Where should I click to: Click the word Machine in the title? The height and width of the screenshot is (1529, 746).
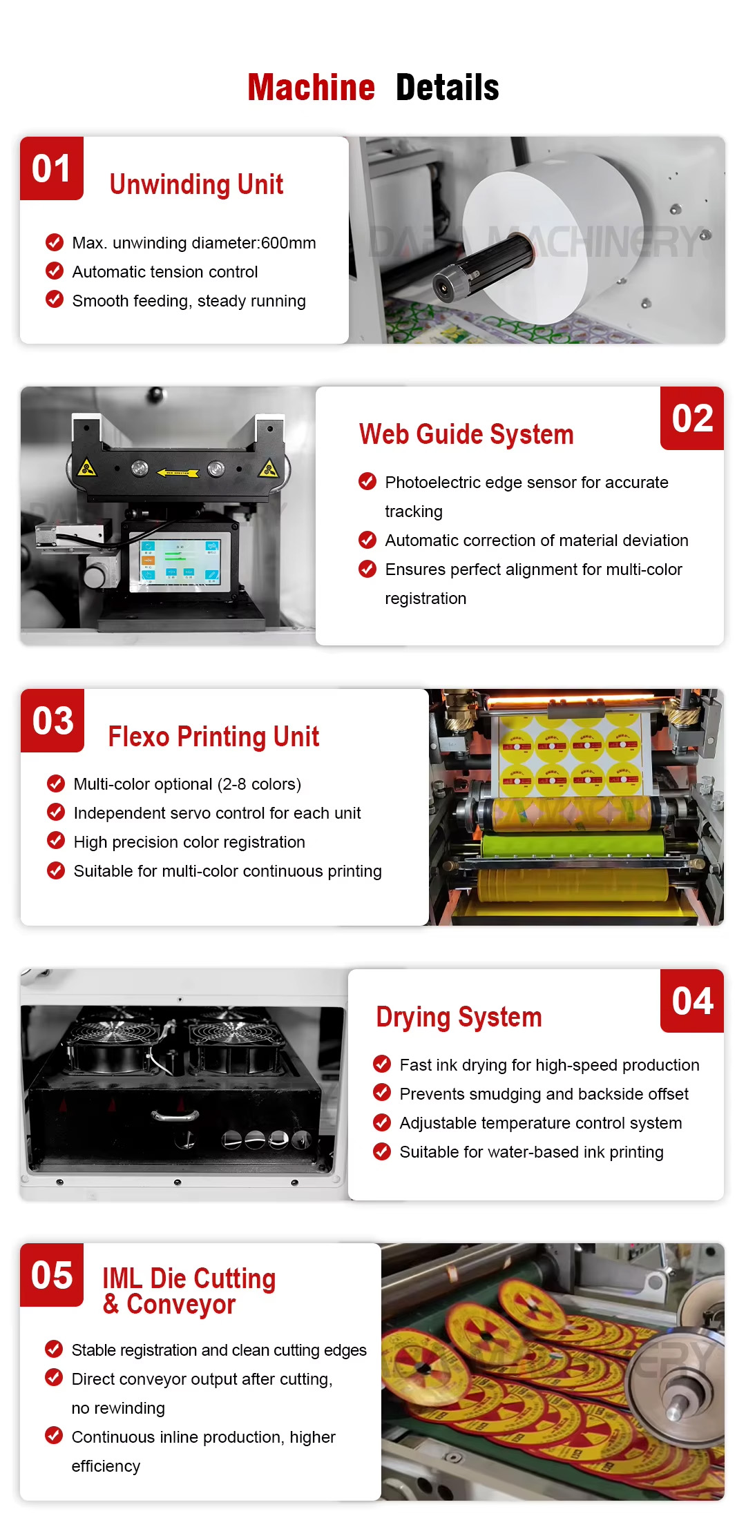pos(311,88)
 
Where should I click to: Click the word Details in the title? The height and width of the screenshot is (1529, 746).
pos(447,88)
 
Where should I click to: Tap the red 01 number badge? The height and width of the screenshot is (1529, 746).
pos(52,168)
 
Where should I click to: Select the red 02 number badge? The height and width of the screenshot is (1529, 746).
pos(692,418)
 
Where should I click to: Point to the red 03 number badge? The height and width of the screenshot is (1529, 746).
pos(52,721)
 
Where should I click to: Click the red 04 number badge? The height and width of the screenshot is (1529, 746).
pos(692,1001)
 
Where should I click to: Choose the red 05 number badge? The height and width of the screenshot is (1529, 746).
pos(52,1275)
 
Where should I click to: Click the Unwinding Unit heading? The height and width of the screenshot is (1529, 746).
pos(196,185)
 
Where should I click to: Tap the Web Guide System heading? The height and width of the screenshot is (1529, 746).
pos(466,435)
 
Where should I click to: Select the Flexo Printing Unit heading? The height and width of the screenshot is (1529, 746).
pos(213,737)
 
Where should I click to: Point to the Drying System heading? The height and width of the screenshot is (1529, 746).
pos(459,1017)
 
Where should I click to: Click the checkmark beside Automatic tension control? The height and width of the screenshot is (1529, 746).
pos(55,271)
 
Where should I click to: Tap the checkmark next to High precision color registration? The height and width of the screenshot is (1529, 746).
pos(56,841)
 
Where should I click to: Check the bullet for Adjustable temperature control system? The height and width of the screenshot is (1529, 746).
pos(382,1122)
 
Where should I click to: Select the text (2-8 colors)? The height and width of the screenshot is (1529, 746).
pos(259,784)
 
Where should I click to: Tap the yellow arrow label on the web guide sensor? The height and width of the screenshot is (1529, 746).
pos(178,473)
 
